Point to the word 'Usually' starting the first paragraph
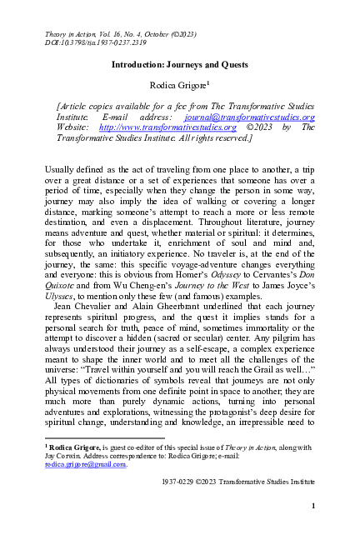click(x=62, y=170)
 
